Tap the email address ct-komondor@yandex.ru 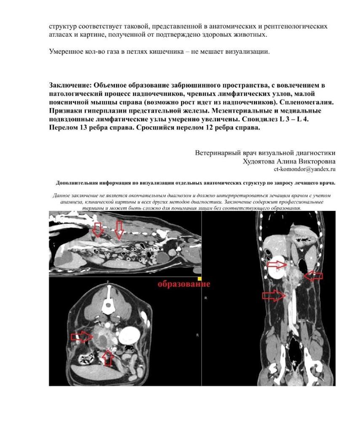[304, 169]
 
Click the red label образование [184, 284]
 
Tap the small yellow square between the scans [199, 278]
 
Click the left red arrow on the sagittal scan [98, 229]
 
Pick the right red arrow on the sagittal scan [119, 230]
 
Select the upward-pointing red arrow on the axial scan [108, 357]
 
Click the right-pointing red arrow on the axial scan [82, 336]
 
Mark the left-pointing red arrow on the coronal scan [313, 276]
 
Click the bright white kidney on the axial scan [129, 336]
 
